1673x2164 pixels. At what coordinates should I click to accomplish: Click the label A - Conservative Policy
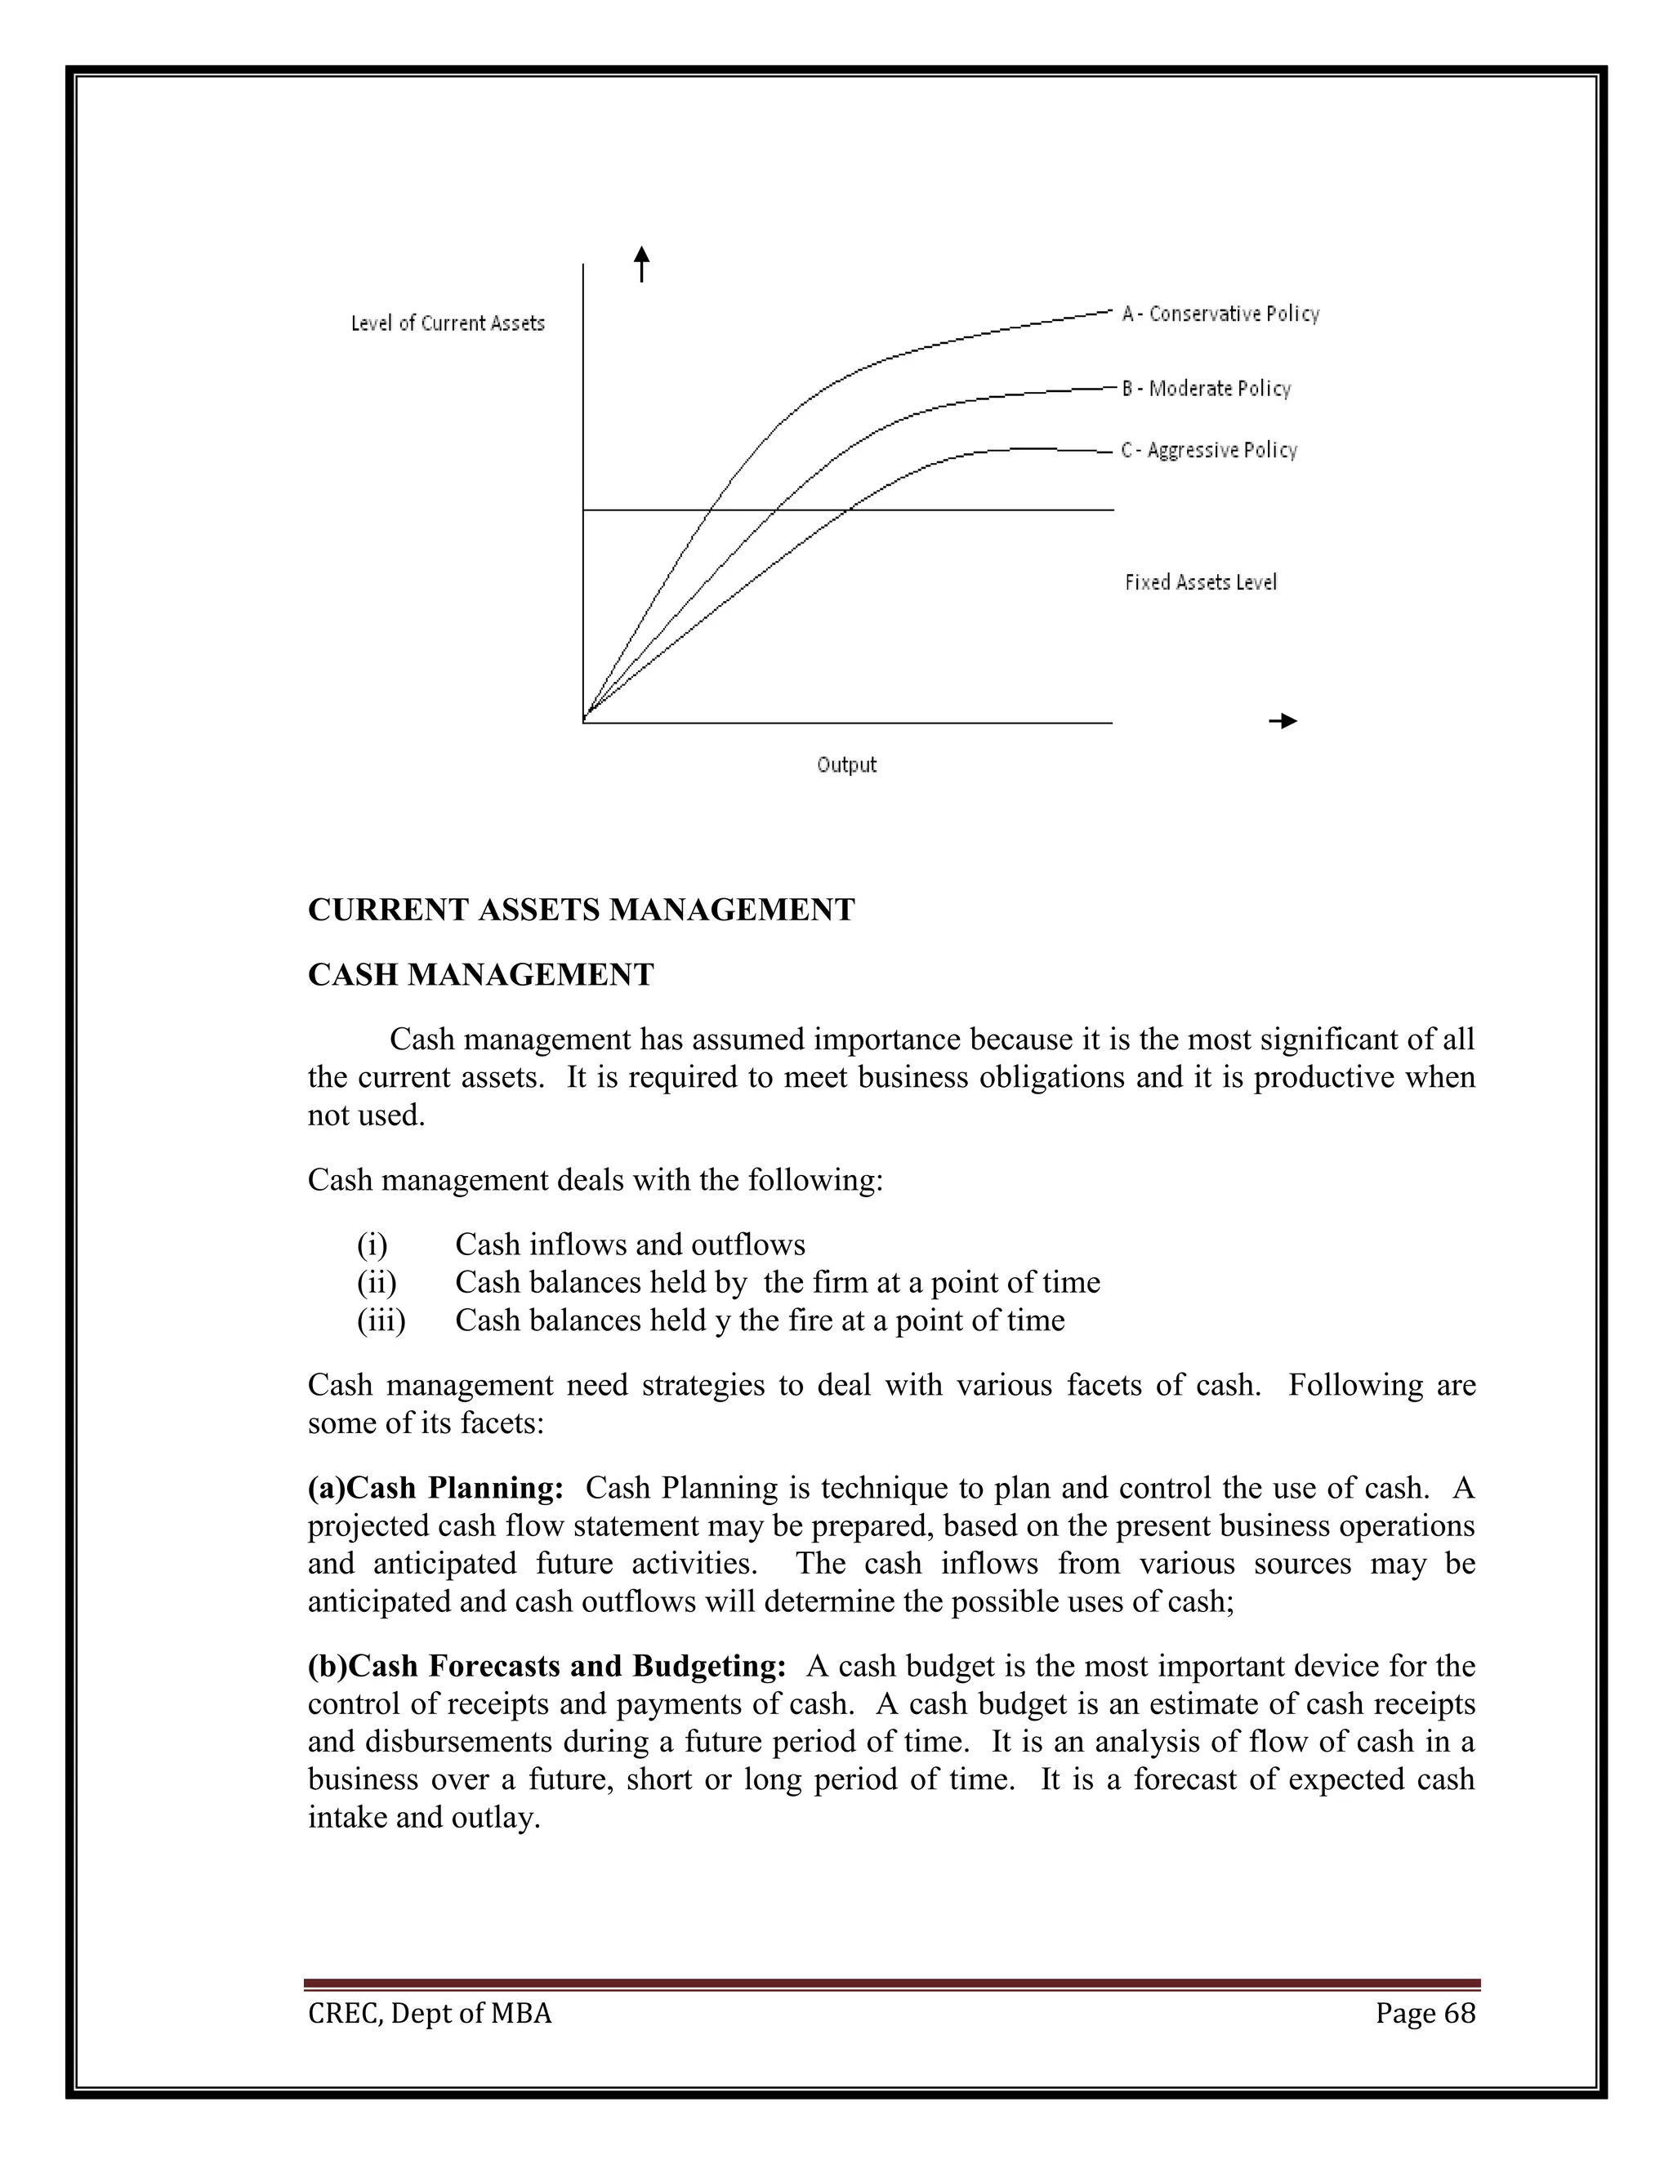pyautogui.click(x=1220, y=314)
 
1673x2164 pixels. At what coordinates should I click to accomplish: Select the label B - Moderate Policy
pyautogui.click(x=1207, y=389)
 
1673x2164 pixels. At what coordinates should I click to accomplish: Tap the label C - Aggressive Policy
pyautogui.click(x=1208, y=451)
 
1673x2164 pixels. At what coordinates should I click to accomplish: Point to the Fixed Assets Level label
pyautogui.click(x=1200, y=582)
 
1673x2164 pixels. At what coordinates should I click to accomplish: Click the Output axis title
pyautogui.click(x=846, y=765)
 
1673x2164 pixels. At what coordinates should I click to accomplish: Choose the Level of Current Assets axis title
pyautogui.click(x=448, y=324)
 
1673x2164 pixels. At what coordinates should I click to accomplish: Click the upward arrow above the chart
pyautogui.click(x=642, y=265)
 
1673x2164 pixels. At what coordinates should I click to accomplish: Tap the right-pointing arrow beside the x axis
pyautogui.click(x=1283, y=721)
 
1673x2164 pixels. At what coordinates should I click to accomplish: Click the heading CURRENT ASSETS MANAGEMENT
pyautogui.click(x=581, y=910)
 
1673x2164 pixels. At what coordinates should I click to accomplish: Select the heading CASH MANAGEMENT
pyautogui.click(x=480, y=975)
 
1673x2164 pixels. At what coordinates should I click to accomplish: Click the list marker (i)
pyautogui.click(x=373, y=1245)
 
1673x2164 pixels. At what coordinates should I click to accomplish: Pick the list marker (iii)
pyautogui.click(x=381, y=1320)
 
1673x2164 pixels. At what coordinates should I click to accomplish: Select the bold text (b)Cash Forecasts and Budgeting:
pyautogui.click(x=547, y=1667)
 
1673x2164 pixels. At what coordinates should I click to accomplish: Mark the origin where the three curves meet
pyautogui.click(x=585, y=719)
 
